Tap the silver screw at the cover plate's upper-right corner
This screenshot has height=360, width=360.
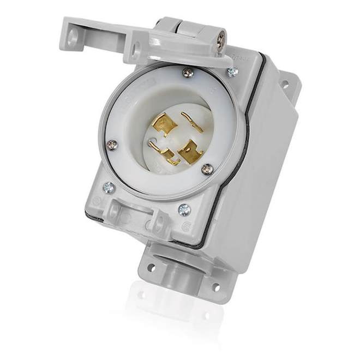233,71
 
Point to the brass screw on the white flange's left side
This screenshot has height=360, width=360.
112,145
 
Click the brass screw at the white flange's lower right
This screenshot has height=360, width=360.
207,169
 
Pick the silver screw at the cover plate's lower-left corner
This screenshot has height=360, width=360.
109,187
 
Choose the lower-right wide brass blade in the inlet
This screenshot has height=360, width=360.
189,152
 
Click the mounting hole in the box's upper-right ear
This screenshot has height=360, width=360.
284,85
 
